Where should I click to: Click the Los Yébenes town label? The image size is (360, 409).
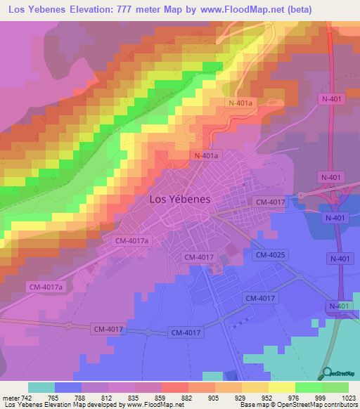point(180,199)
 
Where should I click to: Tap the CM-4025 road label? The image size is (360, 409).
point(269,254)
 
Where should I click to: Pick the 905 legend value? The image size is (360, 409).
point(204,397)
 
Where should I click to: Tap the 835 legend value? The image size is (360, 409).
point(124,397)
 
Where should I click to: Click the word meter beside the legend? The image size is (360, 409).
point(11,397)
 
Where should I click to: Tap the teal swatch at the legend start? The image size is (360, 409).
point(41,387)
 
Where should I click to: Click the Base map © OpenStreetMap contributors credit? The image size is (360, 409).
point(297,405)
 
